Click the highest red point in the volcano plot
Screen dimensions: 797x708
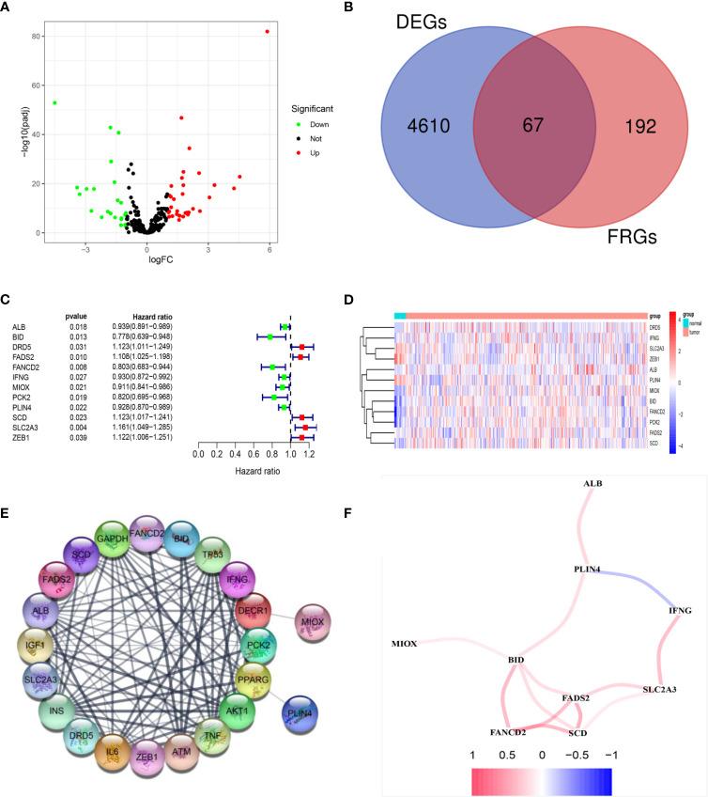(x=267, y=31)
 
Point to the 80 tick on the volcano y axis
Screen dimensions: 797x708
(x=34, y=36)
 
